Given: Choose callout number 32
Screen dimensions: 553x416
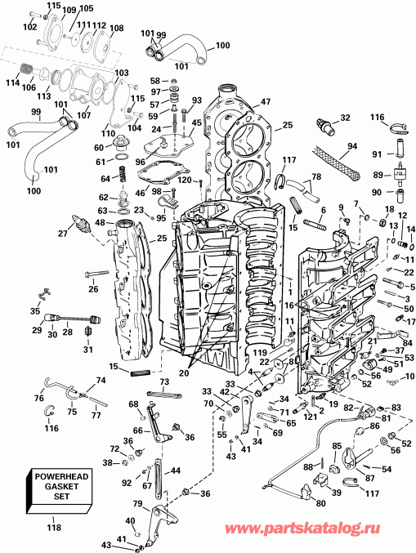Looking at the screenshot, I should [346, 118].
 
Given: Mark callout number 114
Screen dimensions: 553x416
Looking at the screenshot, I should [12, 82].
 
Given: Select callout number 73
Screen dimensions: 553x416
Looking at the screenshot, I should [164, 381].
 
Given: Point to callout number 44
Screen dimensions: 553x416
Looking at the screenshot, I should [177, 470].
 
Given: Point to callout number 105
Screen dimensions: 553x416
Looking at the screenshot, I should [87, 8].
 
